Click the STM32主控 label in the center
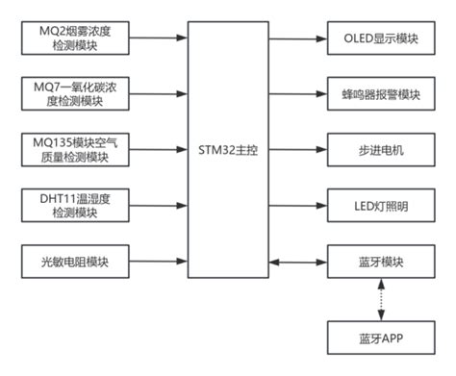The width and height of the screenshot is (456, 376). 228,149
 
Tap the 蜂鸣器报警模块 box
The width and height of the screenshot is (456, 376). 381,94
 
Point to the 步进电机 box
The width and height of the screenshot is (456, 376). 381,149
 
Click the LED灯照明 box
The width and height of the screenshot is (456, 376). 381,204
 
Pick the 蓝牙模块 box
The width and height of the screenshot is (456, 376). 381,259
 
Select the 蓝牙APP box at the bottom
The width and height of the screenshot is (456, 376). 381,338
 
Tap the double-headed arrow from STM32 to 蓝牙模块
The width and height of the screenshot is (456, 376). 298,259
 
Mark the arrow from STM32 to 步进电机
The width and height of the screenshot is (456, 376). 298,149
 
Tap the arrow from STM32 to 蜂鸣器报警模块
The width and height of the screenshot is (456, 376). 298,94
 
